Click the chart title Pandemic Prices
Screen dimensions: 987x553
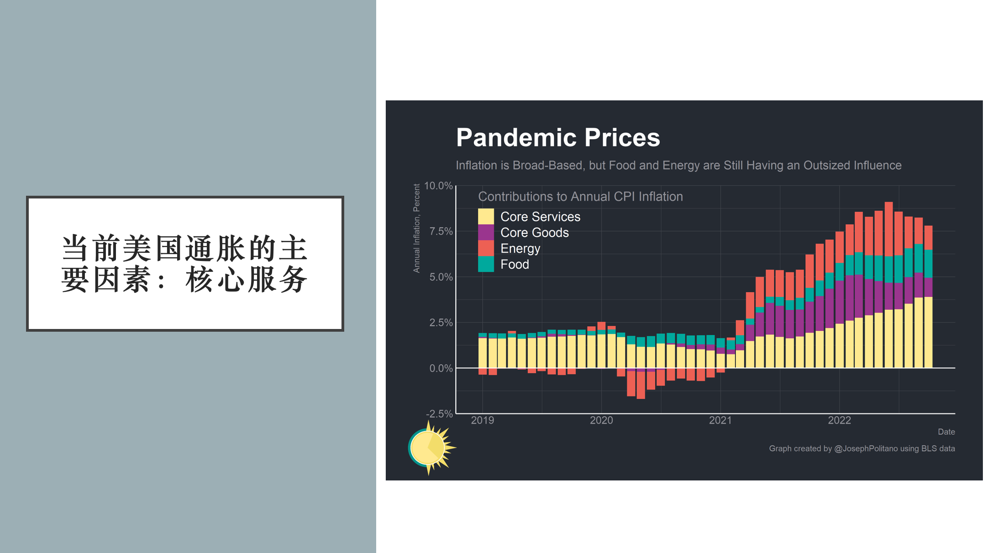click(x=558, y=137)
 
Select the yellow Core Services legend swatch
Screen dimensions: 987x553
click(x=486, y=216)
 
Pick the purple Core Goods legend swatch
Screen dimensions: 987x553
click(x=486, y=232)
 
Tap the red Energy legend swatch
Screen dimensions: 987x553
click(x=486, y=248)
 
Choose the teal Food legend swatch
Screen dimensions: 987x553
click(x=486, y=264)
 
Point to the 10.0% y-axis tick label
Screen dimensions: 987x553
click(x=438, y=186)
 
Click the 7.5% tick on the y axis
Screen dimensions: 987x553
click(x=441, y=231)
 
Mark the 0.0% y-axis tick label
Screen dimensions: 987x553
click(x=441, y=368)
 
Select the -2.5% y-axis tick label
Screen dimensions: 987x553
click(x=439, y=414)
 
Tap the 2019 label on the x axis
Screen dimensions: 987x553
click(x=483, y=420)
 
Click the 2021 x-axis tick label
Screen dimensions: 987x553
click(x=720, y=420)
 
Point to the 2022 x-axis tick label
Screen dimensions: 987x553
click(x=840, y=420)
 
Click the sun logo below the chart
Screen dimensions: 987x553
click(x=431, y=448)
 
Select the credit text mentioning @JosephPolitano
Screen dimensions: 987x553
click(x=862, y=449)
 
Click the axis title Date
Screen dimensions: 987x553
click(x=946, y=432)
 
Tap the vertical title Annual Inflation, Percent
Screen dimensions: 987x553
click(x=416, y=228)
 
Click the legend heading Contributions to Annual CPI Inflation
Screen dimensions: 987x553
click(x=580, y=197)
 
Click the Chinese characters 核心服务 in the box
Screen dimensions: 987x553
click(x=247, y=279)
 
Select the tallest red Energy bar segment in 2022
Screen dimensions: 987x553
click(x=888, y=230)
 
